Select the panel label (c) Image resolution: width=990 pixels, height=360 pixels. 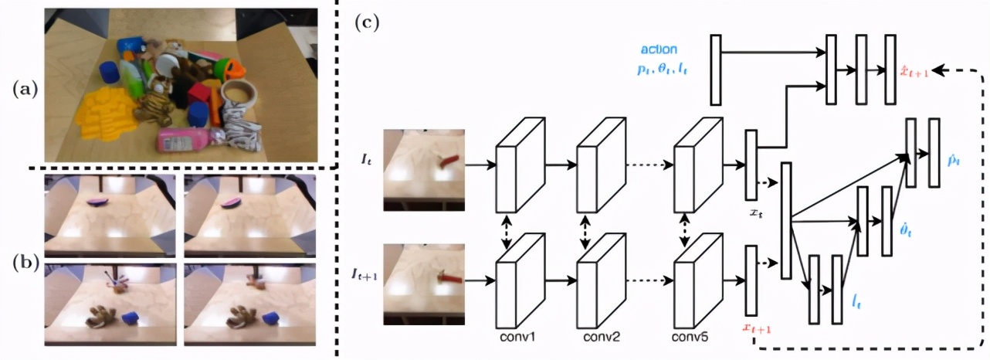coord(367,22)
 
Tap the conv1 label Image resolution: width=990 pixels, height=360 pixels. coord(518,337)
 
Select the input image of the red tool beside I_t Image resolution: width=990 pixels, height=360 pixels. coord(424,169)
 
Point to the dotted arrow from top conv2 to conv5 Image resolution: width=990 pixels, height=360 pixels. coord(649,164)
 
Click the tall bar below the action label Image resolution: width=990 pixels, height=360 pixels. coord(715,70)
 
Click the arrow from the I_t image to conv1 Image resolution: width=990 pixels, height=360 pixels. coord(480,164)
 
